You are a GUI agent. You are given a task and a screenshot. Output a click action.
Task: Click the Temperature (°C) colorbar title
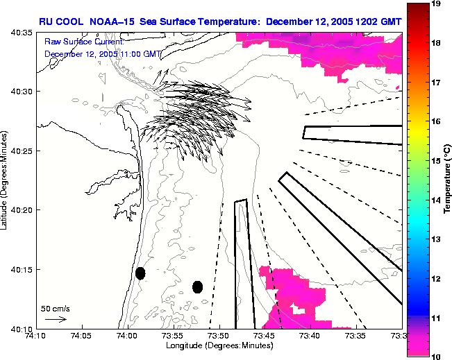click(449, 180)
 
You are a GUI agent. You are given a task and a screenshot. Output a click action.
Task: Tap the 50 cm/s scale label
click(56, 308)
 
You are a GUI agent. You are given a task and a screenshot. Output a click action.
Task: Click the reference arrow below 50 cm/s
click(56, 319)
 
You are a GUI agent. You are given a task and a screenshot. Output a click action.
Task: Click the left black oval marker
click(140, 273)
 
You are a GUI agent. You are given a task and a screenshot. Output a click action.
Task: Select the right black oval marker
click(198, 286)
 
